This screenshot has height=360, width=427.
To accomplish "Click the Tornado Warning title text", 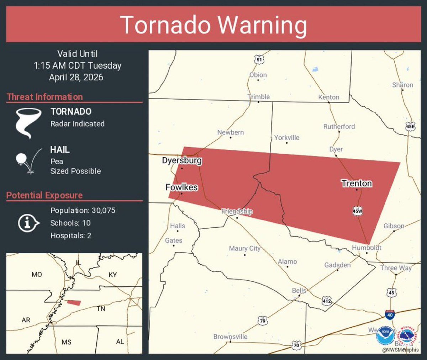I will point(213,25).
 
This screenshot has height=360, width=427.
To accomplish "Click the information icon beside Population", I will point(28,223).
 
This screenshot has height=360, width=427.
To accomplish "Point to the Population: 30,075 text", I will point(83,210).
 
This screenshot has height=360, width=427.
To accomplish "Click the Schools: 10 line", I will point(70,223).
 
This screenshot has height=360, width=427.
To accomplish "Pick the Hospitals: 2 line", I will point(71,235).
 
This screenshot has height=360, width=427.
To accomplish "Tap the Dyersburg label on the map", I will point(182,160).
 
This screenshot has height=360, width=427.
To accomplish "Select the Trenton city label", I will point(357,183).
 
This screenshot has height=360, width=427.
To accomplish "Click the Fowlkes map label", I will point(181,187).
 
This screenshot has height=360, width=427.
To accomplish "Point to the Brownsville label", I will point(230,337).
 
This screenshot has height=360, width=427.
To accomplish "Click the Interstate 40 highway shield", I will point(390,314).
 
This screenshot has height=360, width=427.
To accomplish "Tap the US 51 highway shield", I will point(259,59).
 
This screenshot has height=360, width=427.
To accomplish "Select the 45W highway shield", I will point(357,211).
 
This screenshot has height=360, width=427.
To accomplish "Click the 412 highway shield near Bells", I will point(327,301).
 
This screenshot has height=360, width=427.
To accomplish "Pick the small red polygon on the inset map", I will point(74,302).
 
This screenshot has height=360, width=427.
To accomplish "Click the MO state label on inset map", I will point(37,274).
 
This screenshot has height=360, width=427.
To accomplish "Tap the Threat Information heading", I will point(45,97).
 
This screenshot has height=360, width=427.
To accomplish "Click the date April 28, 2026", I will point(76,77).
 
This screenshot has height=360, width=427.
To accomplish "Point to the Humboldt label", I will point(367,248).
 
